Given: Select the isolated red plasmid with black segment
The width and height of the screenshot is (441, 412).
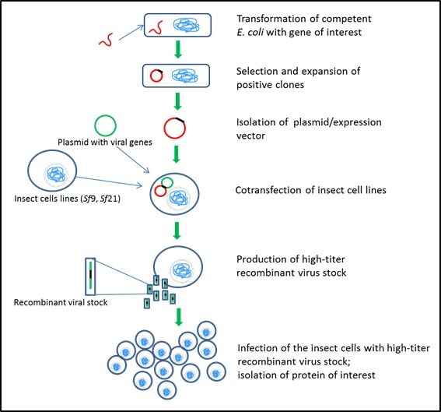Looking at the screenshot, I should pyautogui.click(x=175, y=125).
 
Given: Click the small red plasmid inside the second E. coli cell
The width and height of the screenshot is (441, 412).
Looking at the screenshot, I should pyautogui.click(x=156, y=76).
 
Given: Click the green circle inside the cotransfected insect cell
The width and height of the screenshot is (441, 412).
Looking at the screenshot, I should pyautogui.click(x=166, y=183).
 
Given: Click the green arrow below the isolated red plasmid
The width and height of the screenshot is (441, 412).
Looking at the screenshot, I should pyautogui.click(x=177, y=153).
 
